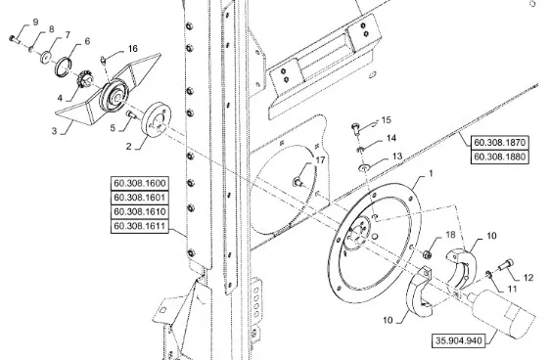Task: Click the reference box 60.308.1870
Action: pyautogui.click(x=499, y=143)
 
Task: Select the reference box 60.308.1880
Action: pyautogui.click(x=499, y=157)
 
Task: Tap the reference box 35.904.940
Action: pyautogui.click(x=459, y=340)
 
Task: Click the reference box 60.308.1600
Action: pyautogui.click(x=139, y=183)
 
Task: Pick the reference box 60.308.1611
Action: pyautogui.click(x=139, y=226)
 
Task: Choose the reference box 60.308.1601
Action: pyautogui.click(x=139, y=198)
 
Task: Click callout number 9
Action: pyautogui.click(x=35, y=22)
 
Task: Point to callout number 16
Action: pyautogui.click(x=133, y=48)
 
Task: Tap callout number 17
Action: pyautogui.click(x=320, y=160)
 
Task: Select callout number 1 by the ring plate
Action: pyautogui.click(x=431, y=173)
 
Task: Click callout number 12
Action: pyautogui.click(x=528, y=278)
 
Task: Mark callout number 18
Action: pyautogui.click(x=450, y=235)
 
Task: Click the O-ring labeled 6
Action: pyautogui.click(x=64, y=67)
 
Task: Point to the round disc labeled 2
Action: pyautogui.click(x=157, y=119)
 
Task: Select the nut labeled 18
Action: pyautogui.click(x=427, y=254)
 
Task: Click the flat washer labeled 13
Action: pyautogui.click(x=364, y=168)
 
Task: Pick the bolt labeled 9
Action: pyautogui.click(x=14, y=38)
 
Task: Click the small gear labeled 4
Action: pyautogui.click(x=84, y=79)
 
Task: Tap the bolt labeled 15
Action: pyautogui.click(x=355, y=128)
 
